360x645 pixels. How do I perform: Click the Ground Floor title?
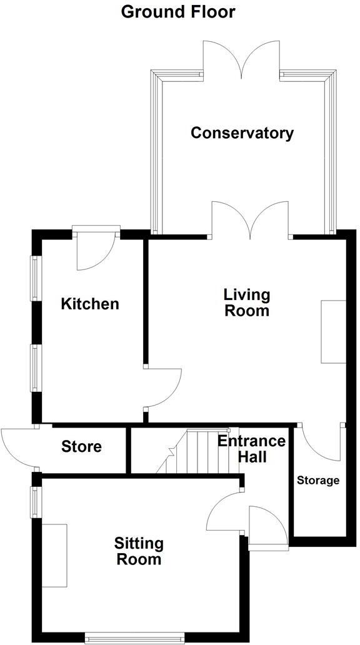178,11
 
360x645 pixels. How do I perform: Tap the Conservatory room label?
242,133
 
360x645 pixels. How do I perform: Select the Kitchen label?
90,304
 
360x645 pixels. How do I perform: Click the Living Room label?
247,302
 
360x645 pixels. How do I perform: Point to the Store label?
81,447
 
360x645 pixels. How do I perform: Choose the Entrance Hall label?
251,449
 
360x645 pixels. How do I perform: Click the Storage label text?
318,481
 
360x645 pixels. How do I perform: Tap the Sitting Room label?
137,551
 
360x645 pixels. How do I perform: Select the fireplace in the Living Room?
333,332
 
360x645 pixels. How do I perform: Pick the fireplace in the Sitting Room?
54,555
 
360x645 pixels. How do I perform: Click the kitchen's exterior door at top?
96,250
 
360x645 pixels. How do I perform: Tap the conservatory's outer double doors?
241,59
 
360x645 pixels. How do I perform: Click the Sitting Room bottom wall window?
135,637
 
